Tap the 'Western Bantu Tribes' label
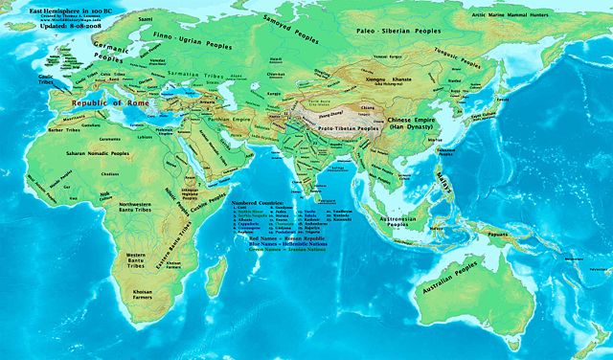(x=142, y=258)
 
